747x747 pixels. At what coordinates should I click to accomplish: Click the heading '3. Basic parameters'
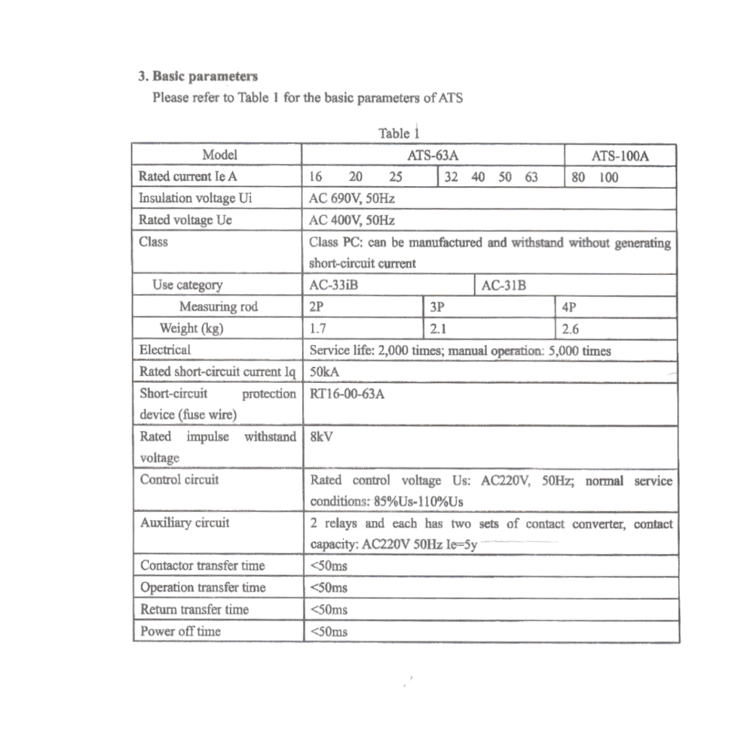click(198, 76)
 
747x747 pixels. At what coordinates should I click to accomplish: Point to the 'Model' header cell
click(220, 155)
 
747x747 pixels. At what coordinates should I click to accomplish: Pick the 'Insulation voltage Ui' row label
click(196, 198)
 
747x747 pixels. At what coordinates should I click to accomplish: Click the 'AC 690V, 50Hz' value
click(353, 198)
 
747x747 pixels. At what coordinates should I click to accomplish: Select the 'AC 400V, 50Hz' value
click(353, 220)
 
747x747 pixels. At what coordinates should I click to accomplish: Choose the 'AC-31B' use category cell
click(504, 285)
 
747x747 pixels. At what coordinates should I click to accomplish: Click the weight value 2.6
click(570, 328)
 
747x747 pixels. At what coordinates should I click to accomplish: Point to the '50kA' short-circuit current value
click(325, 372)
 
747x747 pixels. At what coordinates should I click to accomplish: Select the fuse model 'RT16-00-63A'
click(348, 394)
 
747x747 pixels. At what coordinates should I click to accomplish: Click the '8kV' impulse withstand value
click(322, 437)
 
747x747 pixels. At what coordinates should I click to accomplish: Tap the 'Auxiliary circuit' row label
click(185, 522)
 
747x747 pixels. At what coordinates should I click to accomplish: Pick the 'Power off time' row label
click(180, 631)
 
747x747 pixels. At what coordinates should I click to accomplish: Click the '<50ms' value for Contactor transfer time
click(329, 565)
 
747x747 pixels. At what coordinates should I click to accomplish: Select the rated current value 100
click(608, 177)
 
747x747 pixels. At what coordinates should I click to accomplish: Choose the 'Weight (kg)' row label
click(191, 328)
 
